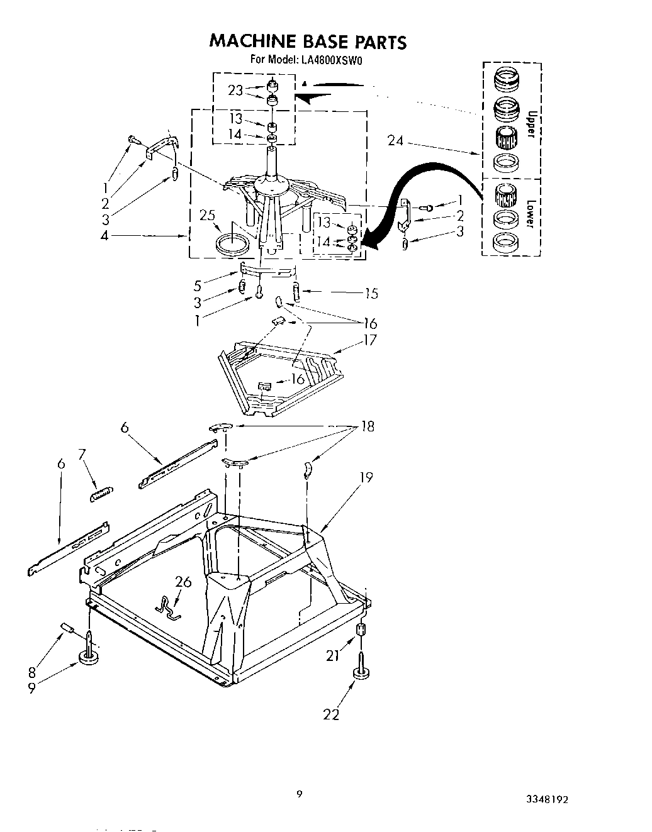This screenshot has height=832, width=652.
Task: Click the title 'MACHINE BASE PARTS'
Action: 308,42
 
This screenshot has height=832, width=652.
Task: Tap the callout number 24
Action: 395,141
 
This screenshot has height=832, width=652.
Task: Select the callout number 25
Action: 207,216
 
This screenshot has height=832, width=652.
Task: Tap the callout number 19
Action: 366,477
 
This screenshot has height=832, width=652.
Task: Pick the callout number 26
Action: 183,582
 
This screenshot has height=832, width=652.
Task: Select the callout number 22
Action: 331,714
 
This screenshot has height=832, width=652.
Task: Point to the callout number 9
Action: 32,689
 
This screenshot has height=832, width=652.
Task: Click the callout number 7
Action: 81,453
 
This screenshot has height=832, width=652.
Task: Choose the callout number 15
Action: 371,294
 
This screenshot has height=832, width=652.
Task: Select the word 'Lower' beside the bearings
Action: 531,215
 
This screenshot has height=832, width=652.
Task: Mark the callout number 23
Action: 235,90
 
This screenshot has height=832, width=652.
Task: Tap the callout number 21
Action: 332,657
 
